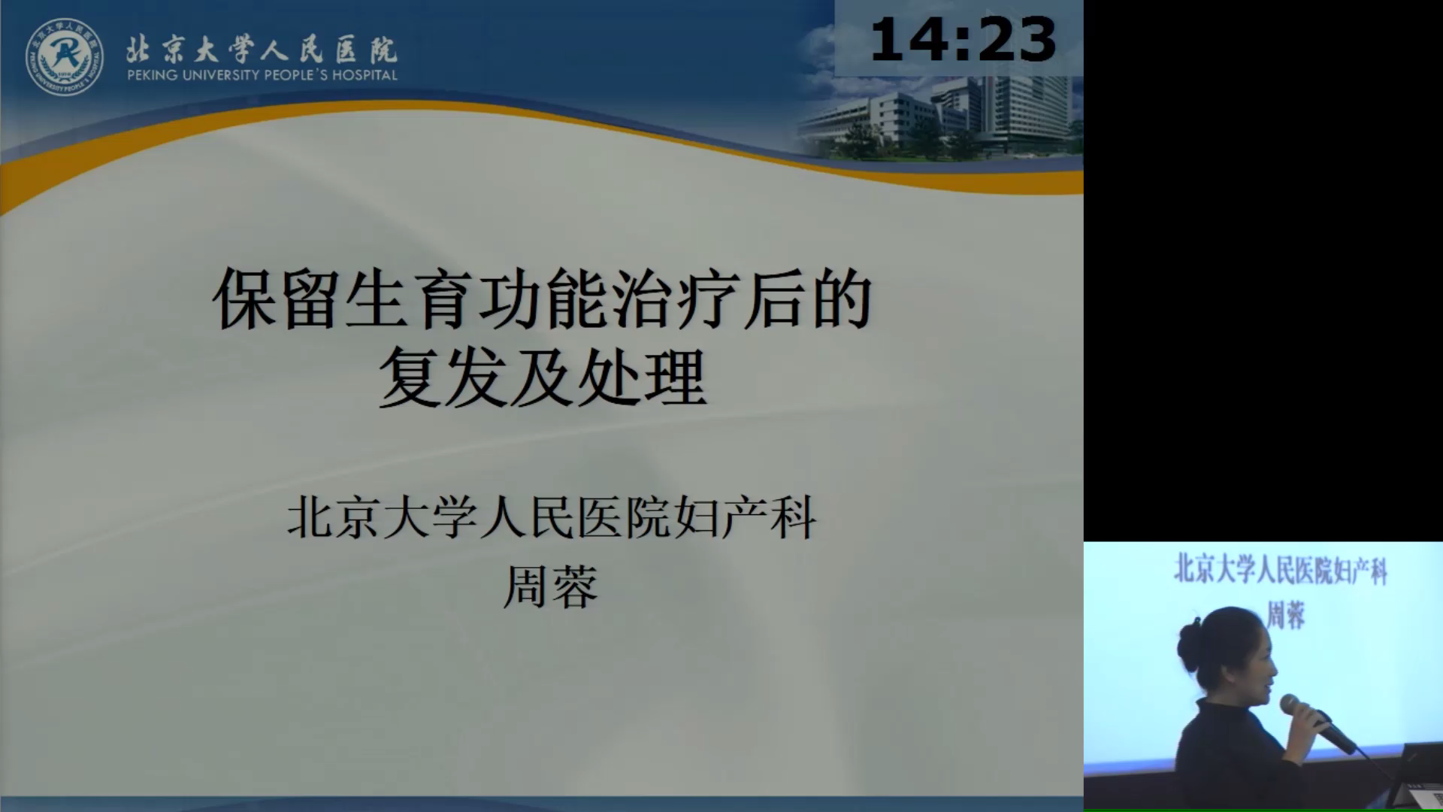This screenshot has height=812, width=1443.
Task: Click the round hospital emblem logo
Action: (65, 57)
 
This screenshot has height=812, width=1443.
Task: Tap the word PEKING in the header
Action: (153, 75)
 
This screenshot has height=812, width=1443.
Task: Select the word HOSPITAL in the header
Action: (365, 75)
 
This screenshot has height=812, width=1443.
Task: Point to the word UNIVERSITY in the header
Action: (222, 75)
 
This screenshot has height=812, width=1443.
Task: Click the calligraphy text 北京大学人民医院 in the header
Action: (262, 49)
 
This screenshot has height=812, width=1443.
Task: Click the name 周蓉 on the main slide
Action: (550, 586)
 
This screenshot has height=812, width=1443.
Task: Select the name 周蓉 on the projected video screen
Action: (1286, 615)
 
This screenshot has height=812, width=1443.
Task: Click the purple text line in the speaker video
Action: (1281, 571)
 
